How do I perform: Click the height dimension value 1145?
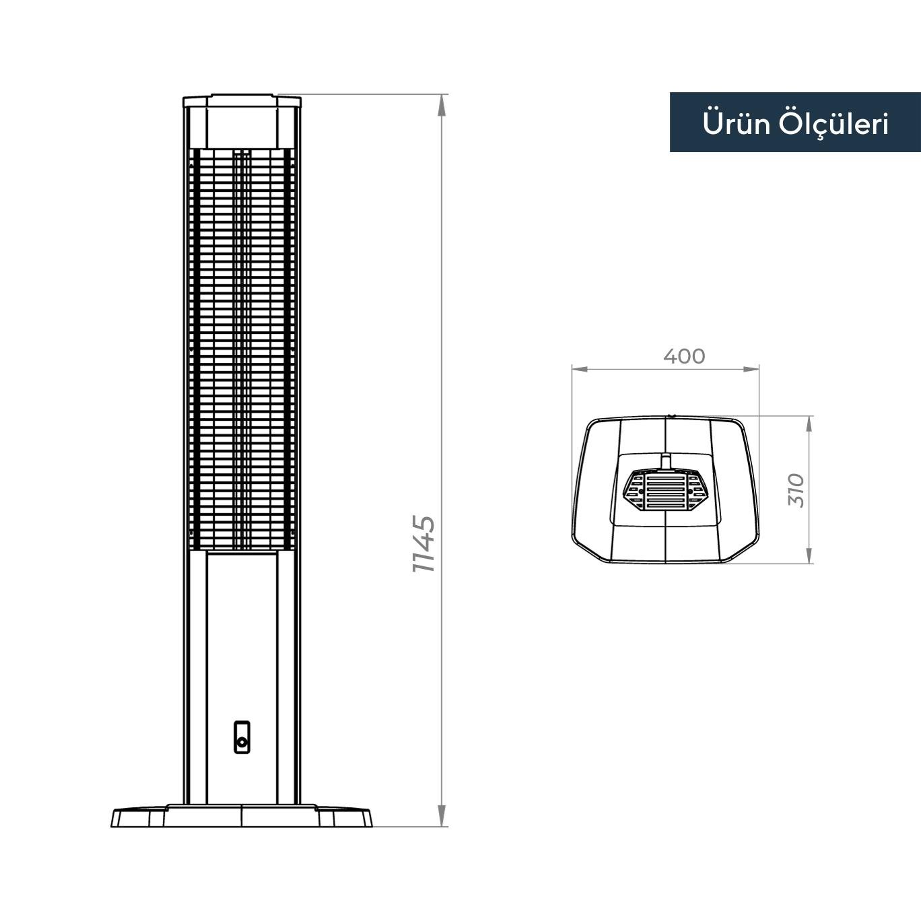point(425,544)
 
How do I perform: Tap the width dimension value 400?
point(684,355)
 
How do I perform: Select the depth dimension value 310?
point(796,490)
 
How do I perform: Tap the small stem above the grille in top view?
point(665,460)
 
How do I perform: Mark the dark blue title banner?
point(794,123)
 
